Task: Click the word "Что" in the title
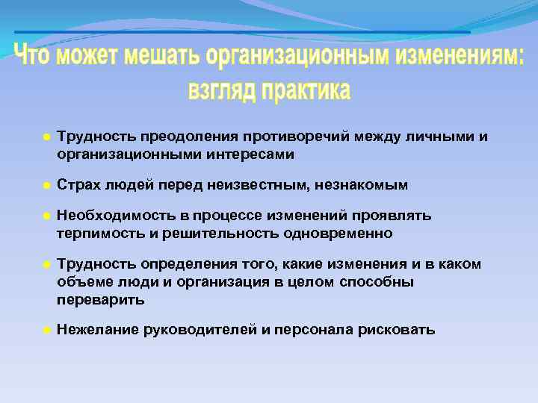(x=37, y=57)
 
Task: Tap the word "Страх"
(x=79, y=184)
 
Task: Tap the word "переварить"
(x=101, y=299)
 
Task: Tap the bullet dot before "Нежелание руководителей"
(x=45, y=330)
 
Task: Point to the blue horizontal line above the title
(x=242, y=32)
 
